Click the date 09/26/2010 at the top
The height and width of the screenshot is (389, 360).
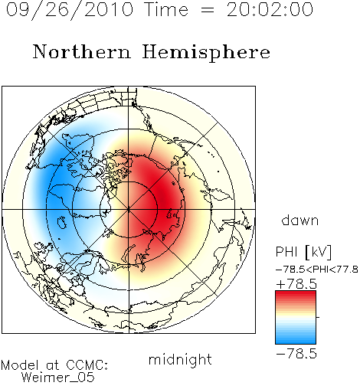pyautogui.click(x=70, y=10)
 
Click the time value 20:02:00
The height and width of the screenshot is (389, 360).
pyautogui.click(x=270, y=9)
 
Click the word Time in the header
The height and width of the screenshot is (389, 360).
pyautogui.click(x=166, y=9)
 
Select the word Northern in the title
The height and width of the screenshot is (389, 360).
pyautogui.click(x=81, y=51)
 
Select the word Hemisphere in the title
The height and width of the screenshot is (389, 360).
pyautogui.click(x=206, y=53)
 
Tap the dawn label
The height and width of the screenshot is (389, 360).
pyautogui.click(x=300, y=220)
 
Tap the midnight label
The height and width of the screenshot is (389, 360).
pyautogui.click(x=180, y=360)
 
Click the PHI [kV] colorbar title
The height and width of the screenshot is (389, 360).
pyautogui.click(x=303, y=252)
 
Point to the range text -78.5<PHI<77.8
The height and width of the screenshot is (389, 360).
pyautogui.click(x=316, y=270)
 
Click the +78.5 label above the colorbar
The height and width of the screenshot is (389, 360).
pyautogui.click(x=296, y=284)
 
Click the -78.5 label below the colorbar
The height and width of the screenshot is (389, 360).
pyautogui.click(x=296, y=353)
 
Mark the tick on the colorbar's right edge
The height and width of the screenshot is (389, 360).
pyautogui.click(x=318, y=317)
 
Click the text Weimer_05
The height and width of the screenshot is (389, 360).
pyautogui.click(x=58, y=377)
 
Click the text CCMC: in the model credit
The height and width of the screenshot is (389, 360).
pyautogui.click(x=87, y=365)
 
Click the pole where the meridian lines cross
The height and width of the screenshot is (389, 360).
pyautogui.click(x=129, y=209)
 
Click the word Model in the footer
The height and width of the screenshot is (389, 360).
pyautogui.click(x=20, y=365)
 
